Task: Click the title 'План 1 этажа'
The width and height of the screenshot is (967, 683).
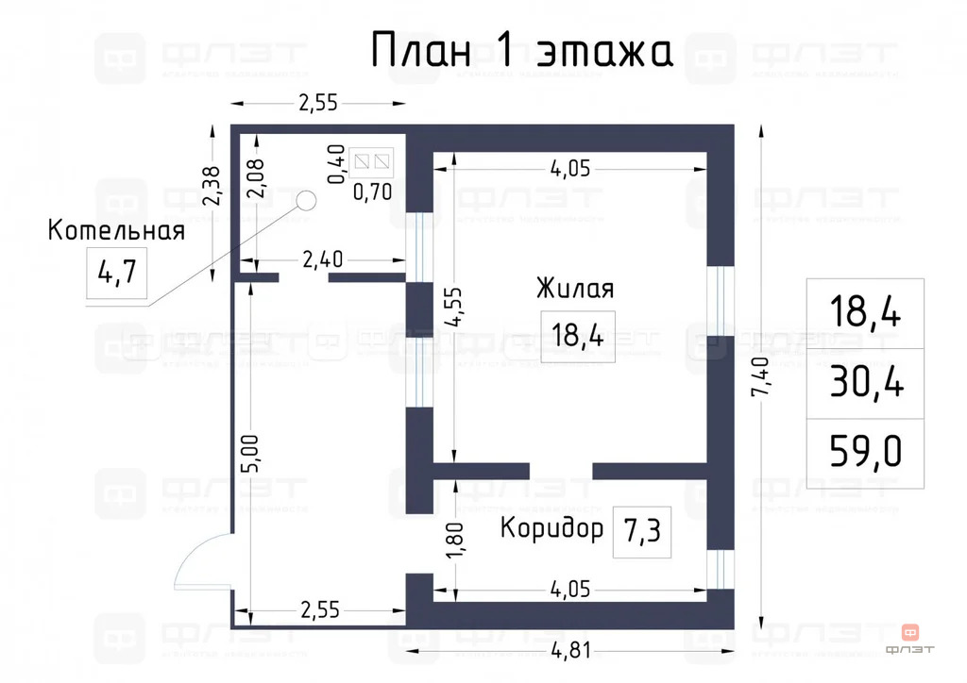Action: [521, 51]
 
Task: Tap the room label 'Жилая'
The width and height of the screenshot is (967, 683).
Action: [575, 288]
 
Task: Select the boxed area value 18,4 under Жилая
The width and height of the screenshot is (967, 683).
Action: [577, 336]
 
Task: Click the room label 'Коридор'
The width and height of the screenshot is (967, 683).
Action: [551, 527]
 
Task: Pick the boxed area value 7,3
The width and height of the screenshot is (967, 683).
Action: [641, 532]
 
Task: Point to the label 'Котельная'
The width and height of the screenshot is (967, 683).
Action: [116, 230]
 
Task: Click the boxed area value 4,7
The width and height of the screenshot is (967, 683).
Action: [117, 274]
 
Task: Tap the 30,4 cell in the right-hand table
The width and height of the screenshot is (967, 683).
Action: [865, 383]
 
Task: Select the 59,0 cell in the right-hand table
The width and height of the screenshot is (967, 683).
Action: [865, 453]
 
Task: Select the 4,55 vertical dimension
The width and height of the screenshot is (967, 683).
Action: [455, 304]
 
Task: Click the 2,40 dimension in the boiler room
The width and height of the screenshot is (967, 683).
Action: [322, 258]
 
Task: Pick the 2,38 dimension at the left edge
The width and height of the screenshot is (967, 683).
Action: [213, 186]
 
